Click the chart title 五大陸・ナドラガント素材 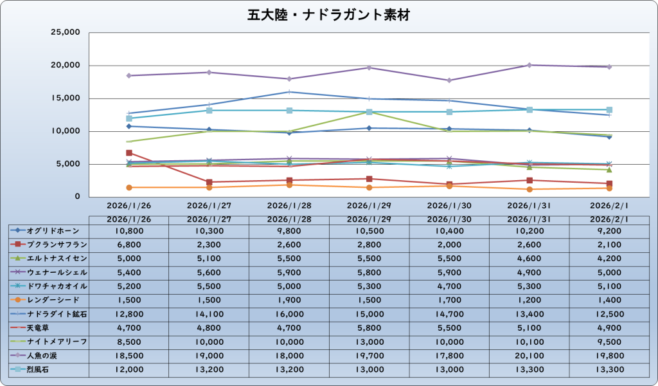click(328, 14)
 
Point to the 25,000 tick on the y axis click(64, 33)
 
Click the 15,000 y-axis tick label click(64, 98)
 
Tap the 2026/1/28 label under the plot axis click(289, 206)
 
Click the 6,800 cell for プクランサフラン click(129, 244)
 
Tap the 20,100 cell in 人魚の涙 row click(529, 354)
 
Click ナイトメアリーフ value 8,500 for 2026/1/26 click(129, 341)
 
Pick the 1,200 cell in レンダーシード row click(529, 300)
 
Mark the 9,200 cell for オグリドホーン click(609, 230)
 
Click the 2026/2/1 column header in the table click(609, 219)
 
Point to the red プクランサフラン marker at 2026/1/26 click(129, 153)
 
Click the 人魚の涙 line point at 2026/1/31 click(529, 65)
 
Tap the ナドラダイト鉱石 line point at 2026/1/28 click(289, 92)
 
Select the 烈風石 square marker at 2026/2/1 click(609, 110)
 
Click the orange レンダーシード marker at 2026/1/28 click(289, 185)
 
